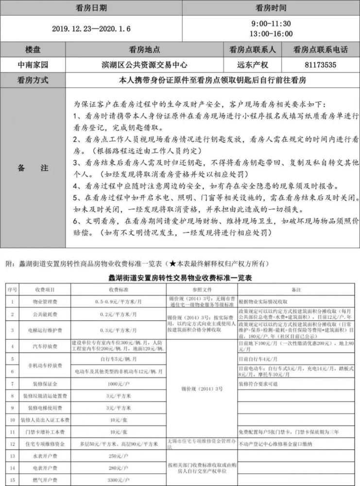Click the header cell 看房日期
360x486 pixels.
[x=91, y=8]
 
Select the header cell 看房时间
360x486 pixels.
[x=271, y=8]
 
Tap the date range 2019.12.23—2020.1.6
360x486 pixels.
[x=91, y=29]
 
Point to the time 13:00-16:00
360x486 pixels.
[x=271, y=34]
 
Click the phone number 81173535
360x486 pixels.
[x=321, y=64]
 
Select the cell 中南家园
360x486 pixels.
[x=33, y=64]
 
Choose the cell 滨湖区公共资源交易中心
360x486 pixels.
[x=144, y=64]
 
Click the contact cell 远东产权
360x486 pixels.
[x=252, y=64]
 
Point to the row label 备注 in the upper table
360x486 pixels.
[x=33, y=168]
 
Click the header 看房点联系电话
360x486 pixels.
[x=321, y=49]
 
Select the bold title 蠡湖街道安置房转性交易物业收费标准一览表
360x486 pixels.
[x=179, y=278]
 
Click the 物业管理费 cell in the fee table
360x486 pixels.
[x=43, y=301]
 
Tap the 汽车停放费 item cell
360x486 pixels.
[x=43, y=347]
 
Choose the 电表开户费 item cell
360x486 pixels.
[x=43, y=468]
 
